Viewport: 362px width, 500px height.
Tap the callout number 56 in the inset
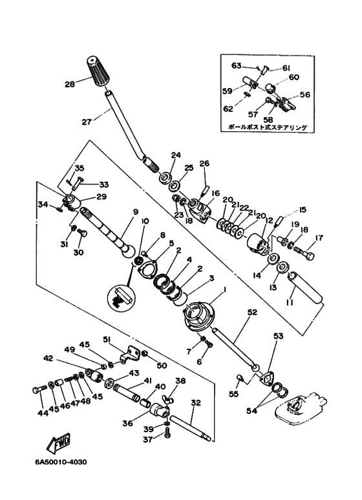click(x=304, y=94)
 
